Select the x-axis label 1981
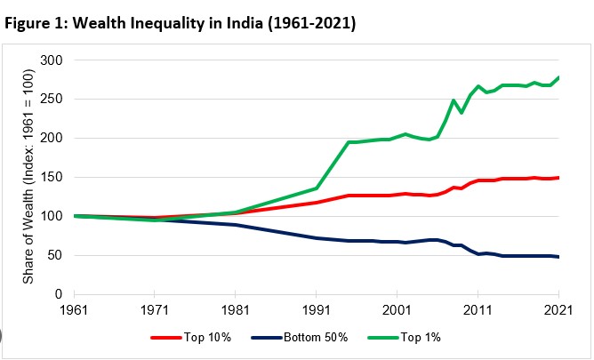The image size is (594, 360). coord(236,311)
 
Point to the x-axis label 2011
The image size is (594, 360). coord(478,311)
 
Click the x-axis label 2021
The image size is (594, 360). coord(558,311)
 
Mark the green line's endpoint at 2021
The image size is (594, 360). coord(558,78)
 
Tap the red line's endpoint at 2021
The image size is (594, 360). coord(558,178)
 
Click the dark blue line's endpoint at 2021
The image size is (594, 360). coord(558,257)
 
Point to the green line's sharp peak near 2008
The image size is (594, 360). coord(454,100)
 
